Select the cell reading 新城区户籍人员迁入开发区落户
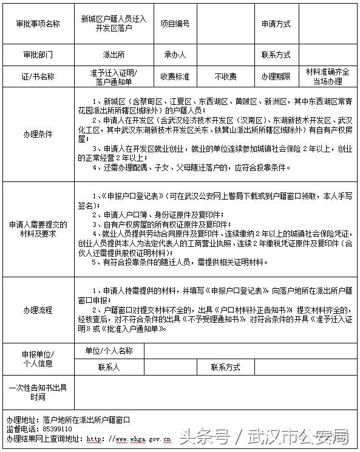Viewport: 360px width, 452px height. tap(114, 24)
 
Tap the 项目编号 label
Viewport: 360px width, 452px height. tap(175, 24)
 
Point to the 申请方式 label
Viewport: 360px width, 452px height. tap(276, 24)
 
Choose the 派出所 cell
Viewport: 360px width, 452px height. tap(114, 55)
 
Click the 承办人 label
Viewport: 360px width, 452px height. tap(175, 55)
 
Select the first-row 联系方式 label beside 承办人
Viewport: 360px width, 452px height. tap(276, 55)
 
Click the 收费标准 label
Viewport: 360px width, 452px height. tap(175, 77)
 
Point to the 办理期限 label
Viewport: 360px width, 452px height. tap(276, 77)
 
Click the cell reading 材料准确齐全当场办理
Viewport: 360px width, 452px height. tap(327, 76)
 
